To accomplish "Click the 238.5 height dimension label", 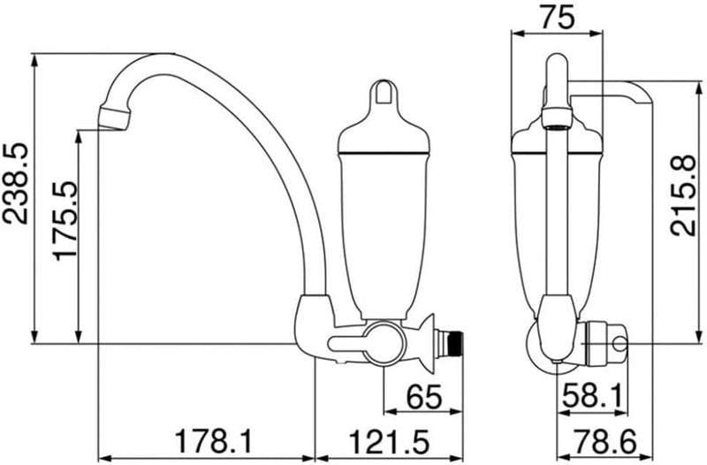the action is coord(15,184).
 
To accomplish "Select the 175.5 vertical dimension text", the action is coord(65,221).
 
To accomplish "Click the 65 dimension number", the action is coord(424,397).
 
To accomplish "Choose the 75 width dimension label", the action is coord(558,18).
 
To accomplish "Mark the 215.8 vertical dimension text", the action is coord(682,194).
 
